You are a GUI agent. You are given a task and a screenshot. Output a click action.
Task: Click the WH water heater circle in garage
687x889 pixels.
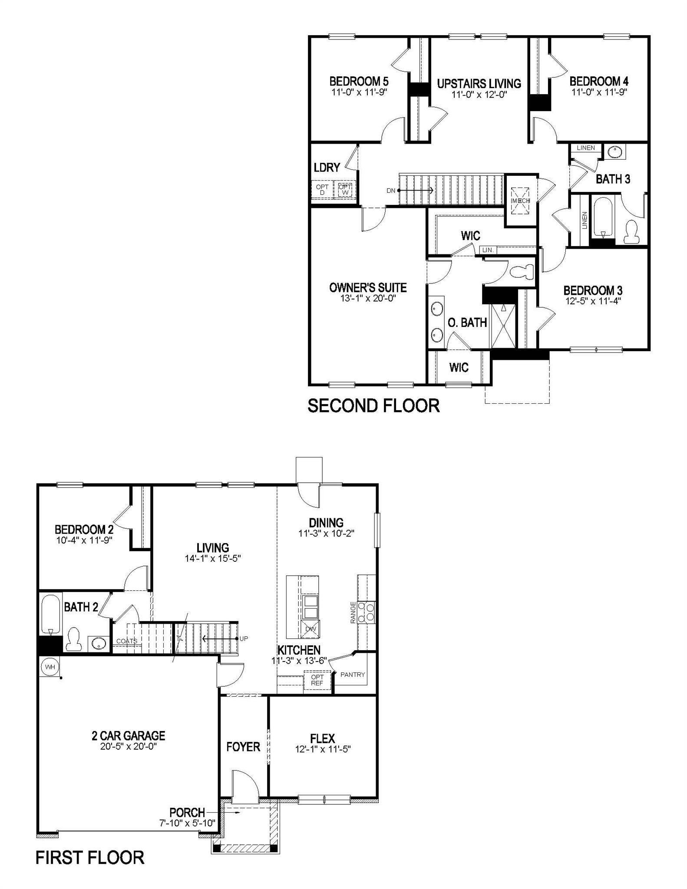pyautogui.click(x=50, y=667)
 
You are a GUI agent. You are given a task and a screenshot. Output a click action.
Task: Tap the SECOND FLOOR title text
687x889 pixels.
pyautogui.click(x=373, y=406)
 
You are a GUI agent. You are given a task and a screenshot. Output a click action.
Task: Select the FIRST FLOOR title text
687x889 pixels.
pyautogui.click(x=90, y=858)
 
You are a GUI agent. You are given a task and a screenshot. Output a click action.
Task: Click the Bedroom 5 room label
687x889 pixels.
pyautogui.click(x=359, y=81)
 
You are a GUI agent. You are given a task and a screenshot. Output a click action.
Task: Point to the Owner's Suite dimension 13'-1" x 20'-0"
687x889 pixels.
pyautogui.click(x=368, y=299)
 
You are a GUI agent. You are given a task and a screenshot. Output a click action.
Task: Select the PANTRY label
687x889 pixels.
pyautogui.click(x=353, y=675)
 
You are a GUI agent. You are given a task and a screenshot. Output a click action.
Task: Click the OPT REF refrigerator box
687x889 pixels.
pyautogui.click(x=317, y=680)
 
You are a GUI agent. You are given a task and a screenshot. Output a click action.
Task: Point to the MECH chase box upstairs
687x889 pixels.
pyautogui.click(x=520, y=201)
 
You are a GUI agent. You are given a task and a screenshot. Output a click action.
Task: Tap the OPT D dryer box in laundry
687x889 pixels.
pyautogui.click(x=322, y=190)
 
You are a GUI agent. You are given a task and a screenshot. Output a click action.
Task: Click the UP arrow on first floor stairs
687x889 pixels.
pyautogui.click(x=220, y=639)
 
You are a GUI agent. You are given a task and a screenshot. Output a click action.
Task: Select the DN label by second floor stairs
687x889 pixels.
pyautogui.click(x=391, y=191)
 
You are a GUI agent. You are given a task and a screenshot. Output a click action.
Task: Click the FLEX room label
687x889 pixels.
pyautogui.click(x=322, y=738)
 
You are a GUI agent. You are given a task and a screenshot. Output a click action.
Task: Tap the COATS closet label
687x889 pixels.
pyautogui.click(x=127, y=641)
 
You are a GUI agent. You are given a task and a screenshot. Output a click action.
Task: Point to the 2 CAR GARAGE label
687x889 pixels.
pyautogui.click(x=129, y=735)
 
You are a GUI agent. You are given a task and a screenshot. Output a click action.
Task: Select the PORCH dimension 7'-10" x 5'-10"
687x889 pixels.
pyautogui.click(x=187, y=823)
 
